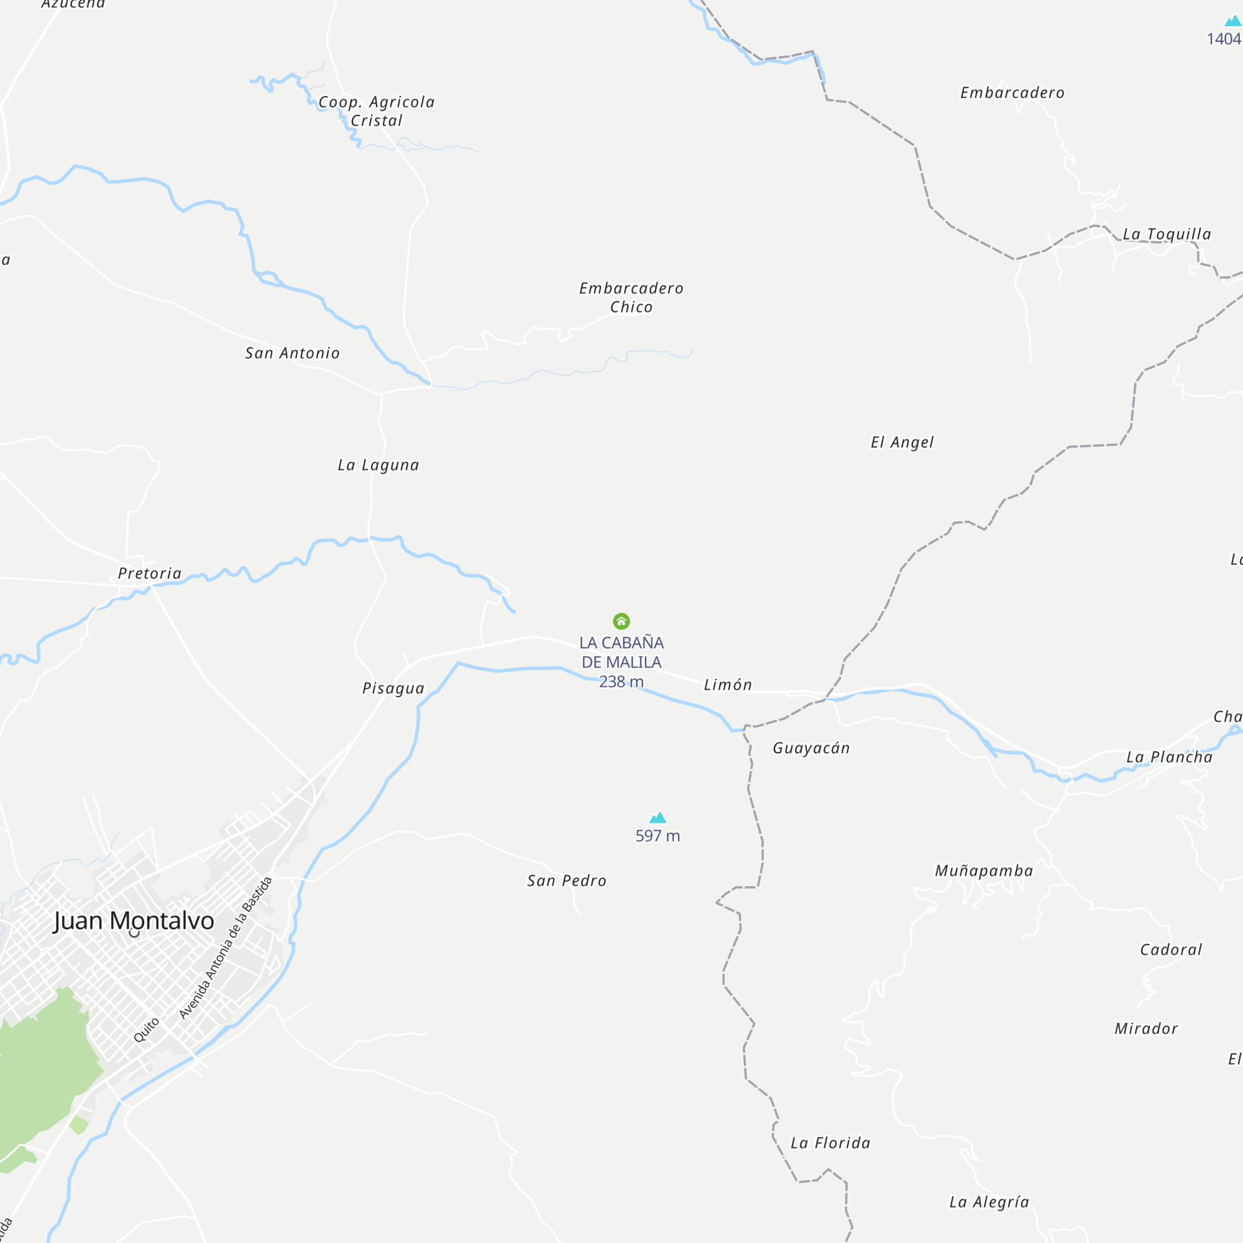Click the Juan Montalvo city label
pyautogui.click(x=134, y=920)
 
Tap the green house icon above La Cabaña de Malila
pyautogui.click(x=621, y=621)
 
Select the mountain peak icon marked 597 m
pyautogui.click(x=658, y=818)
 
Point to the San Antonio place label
pyautogui.click(x=292, y=353)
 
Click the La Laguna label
pyautogui.click(x=378, y=465)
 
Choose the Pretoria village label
pyautogui.click(x=150, y=573)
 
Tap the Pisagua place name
pyautogui.click(x=393, y=689)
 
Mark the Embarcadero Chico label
pyautogui.click(x=631, y=297)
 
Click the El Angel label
pyautogui.click(x=902, y=442)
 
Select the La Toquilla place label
pyautogui.click(x=1167, y=234)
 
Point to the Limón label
pyautogui.click(x=728, y=684)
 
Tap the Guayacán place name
pyautogui.click(x=811, y=748)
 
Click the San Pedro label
pyautogui.click(x=567, y=881)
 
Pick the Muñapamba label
pyautogui.click(x=984, y=871)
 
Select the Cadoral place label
pyautogui.click(x=1171, y=950)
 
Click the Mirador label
pyautogui.click(x=1147, y=1029)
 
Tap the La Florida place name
pyautogui.click(x=830, y=1144)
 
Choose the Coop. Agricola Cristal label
pyautogui.click(x=377, y=111)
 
